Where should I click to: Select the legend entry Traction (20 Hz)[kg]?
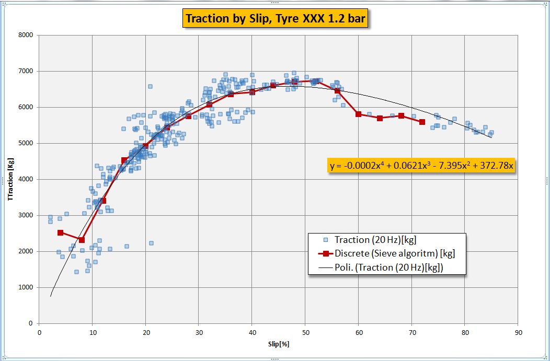376,240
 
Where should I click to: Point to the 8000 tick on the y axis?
25,35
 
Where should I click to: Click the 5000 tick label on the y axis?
25,143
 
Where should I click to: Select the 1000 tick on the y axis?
25,287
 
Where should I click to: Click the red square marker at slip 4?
61,232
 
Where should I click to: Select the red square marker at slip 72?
422,122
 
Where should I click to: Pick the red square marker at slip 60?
358,114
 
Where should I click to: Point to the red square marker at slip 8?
82,240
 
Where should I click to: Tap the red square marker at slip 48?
294,81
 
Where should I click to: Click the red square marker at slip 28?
188,116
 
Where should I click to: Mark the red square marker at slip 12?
103,201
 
